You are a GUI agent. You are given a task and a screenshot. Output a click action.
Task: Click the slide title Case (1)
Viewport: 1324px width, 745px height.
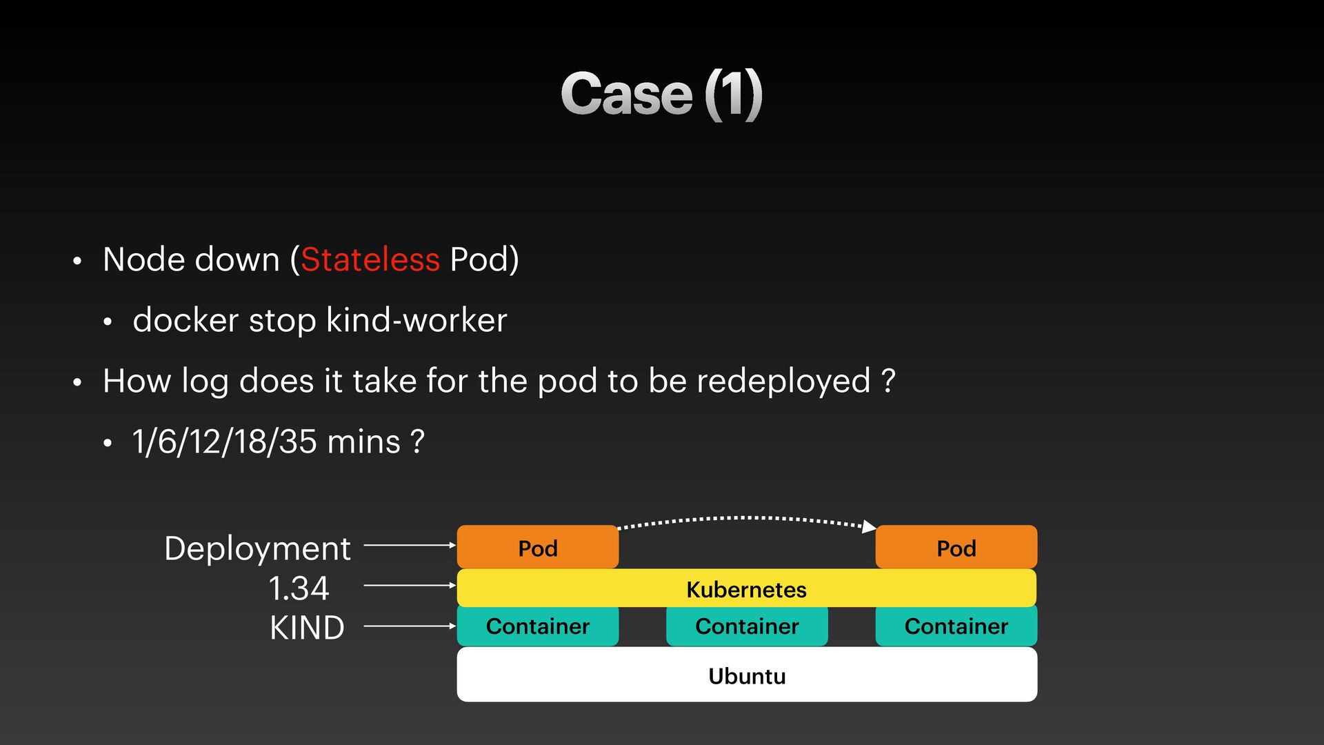661,95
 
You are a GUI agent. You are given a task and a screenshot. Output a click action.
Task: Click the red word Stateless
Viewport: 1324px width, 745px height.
370,260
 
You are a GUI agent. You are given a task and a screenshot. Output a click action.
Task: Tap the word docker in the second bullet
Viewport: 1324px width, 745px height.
185,321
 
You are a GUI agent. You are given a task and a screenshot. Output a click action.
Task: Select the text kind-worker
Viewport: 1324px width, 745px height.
417,321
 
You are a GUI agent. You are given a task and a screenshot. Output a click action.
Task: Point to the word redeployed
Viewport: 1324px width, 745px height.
783,381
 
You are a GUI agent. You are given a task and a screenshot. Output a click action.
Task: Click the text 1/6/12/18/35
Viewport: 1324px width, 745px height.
224,442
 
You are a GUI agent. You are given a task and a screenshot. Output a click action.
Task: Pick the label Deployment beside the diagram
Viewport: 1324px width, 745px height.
257,549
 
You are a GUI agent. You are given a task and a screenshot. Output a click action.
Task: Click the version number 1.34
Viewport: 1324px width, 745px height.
299,588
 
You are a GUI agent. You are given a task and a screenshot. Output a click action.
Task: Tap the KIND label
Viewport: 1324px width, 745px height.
307,628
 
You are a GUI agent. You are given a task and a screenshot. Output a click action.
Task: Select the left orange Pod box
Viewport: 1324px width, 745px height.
537,548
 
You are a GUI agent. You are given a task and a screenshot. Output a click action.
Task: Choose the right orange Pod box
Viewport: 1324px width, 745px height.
956,548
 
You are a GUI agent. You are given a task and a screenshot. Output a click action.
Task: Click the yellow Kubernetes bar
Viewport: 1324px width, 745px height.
746,588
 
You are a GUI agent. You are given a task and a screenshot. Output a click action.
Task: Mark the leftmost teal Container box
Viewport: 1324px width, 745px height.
537,626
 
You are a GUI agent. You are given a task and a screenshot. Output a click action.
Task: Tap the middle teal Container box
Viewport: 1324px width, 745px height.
747,626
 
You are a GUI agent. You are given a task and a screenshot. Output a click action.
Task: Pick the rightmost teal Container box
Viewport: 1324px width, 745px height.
956,626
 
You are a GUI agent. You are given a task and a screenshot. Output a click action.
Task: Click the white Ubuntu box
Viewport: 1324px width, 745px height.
747,675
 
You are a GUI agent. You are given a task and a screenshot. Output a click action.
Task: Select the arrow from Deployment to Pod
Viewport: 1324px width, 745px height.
409,545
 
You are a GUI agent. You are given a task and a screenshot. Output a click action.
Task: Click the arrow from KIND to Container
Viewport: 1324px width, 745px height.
409,626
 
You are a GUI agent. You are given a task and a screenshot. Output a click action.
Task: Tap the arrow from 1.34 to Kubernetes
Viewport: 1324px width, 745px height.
409,585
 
